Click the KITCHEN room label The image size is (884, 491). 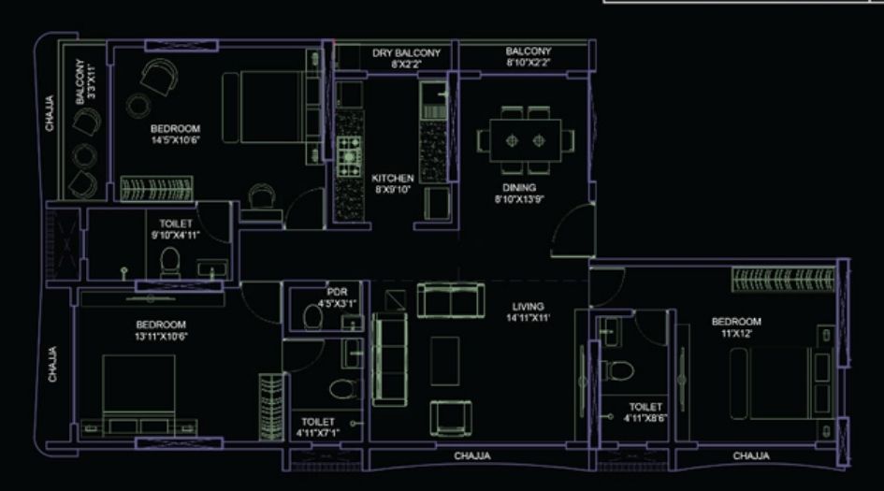coord(393,178)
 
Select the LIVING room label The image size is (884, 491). coord(529,307)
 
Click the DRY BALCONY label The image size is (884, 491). coord(406,53)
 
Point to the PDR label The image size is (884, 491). coord(338,292)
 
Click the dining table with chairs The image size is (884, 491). coord(525,139)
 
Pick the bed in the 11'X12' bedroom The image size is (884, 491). coord(775,383)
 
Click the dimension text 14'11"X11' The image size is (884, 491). coord(529,318)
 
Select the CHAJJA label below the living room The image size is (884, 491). coord(473,456)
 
